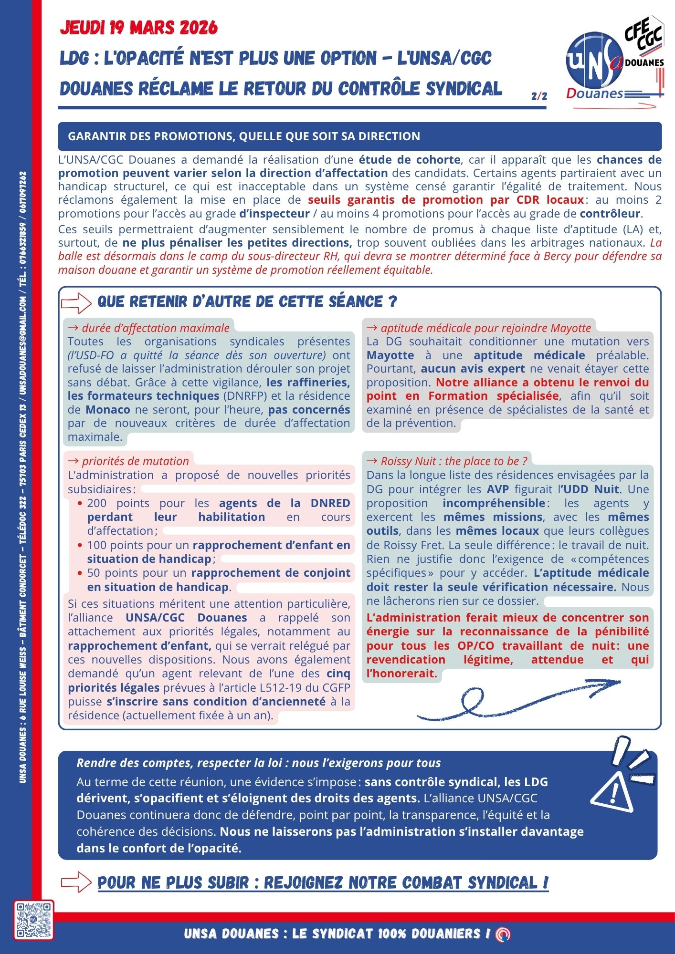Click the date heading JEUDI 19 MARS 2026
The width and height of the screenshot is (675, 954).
pyautogui.click(x=138, y=28)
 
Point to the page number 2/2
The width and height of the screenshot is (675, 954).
pyautogui.click(x=539, y=96)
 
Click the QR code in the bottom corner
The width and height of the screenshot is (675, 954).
pyautogui.click(x=33, y=920)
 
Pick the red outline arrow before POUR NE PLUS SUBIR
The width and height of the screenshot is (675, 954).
pyautogui.click(x=76, y=882)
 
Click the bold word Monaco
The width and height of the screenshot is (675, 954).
pyautogui.click(x=108, y=410)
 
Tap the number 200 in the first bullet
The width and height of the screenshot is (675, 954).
pyautogui.click(x=97, y=503)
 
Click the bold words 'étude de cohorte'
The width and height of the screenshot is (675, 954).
pyautogui.click(x=410, y=160)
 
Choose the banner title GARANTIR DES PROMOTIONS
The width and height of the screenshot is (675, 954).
pyautogui.click(x=244, y=136)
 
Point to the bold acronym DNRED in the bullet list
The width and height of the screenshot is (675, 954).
pyautogui.click(x=330, y=503)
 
